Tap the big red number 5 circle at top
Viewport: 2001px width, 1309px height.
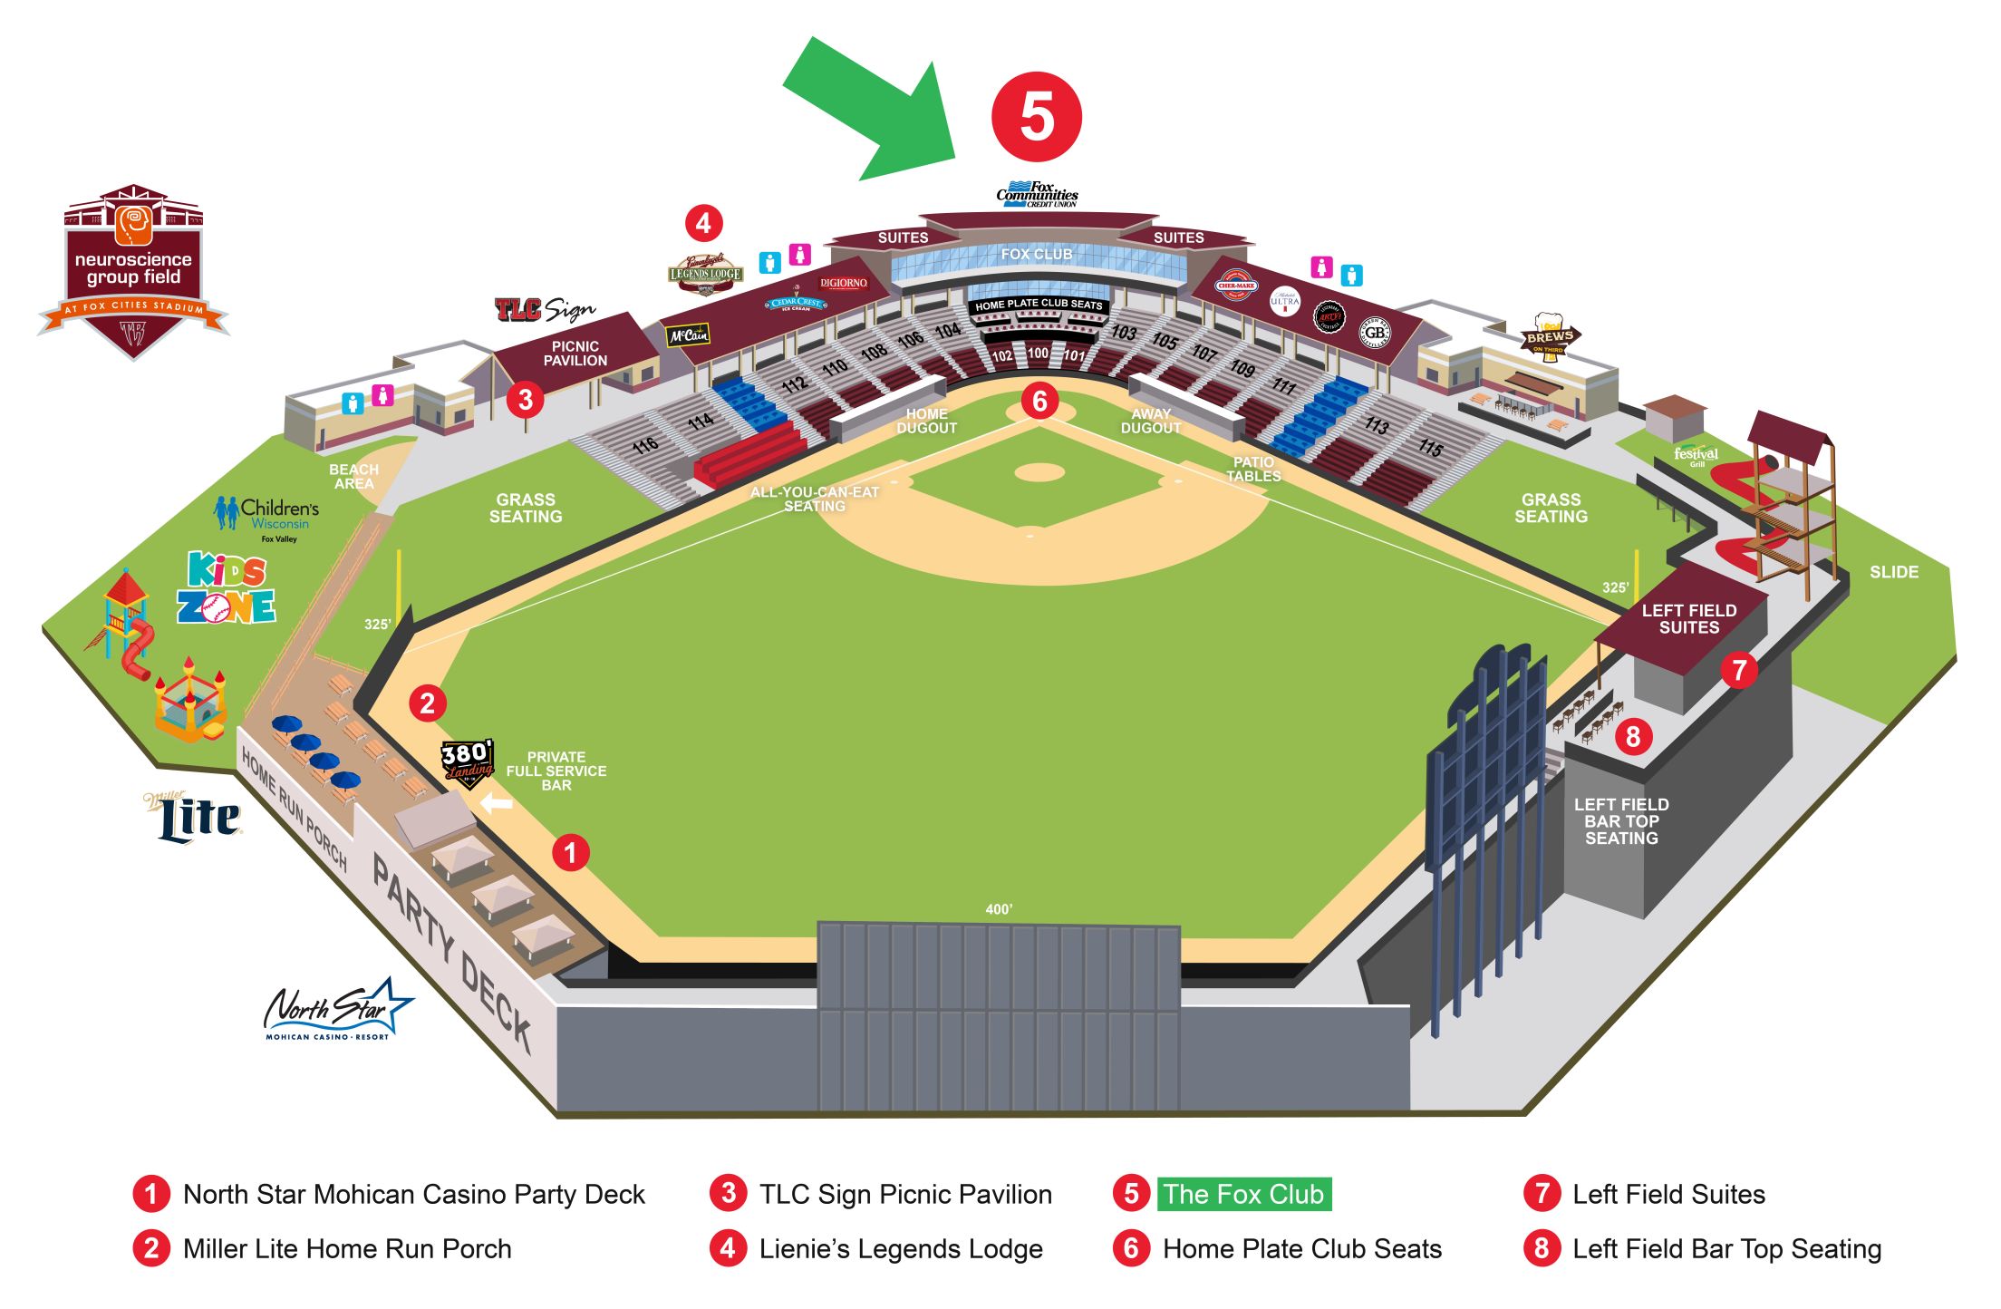pyautogui.click(x=1037, y=118)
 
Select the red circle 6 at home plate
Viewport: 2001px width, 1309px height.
pyautogui.click(x=1039, y=401)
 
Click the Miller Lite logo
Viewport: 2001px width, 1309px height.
pyautogui.click(x=195, y=818)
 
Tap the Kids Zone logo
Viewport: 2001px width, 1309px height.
pyautogui.click(x=226, y=589)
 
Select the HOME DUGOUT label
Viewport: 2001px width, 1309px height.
pyautogui.click(x=926, y=422)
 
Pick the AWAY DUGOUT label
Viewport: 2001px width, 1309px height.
pyautogui.click(x=1151, y=422)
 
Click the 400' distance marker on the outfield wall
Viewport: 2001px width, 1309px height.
pyautogui.click(x=999, y=909)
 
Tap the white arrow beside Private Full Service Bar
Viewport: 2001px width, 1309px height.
pyautogui.click(x=496, y=803)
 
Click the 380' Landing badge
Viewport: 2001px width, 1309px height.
pyautogui.click(x=468, y=762)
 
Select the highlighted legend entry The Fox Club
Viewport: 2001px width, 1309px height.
pyautogui.click(x=1243, y=1194)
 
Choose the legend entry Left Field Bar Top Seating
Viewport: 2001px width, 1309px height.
pyautogui.click(x=1726, y=1249)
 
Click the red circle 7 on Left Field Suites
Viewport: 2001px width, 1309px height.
pyautogui.click(x=1739, y=671)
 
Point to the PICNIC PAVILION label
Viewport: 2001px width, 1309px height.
pyautogui.click(x=575, y=354)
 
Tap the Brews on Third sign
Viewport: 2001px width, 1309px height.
pyautogui.click(x=1549, y=338)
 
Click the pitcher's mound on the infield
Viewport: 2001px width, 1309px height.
pyautogui.click(x=1039, y=472)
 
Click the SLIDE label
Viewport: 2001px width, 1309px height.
pyautogui.click(x=1893, y=572)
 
